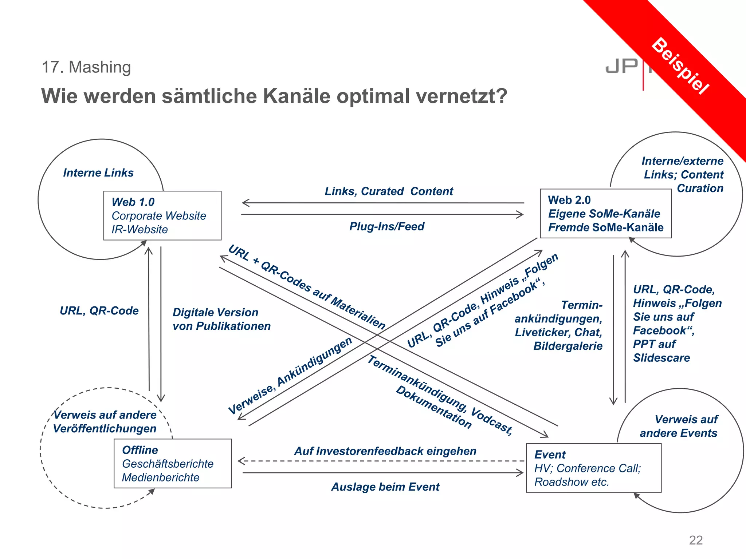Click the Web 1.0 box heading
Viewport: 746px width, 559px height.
[x=133, y=202]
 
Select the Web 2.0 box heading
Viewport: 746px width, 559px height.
[x=569, y=200]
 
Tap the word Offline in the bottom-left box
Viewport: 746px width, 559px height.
[x=140, y=450]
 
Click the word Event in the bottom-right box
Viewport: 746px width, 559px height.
[x=550, y=455]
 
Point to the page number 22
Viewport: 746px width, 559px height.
[x=695, y=540]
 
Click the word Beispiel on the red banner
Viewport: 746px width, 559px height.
[x=680, y=66]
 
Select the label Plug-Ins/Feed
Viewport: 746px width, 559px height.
[x=386, y=226]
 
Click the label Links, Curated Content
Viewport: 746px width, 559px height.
[x=389, y=191]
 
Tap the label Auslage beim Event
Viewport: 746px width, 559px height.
[x=385, y=487]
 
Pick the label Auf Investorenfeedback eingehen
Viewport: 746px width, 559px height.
[x=385, y=451]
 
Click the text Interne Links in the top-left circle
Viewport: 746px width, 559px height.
[x=98, y=173]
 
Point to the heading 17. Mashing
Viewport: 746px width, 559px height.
[x=86, y=67]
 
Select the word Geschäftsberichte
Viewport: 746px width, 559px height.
[x=168, y=464]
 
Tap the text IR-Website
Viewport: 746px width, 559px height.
[x=140, y=230]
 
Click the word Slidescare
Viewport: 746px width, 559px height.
[x=661, y=358]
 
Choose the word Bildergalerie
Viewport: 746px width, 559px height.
[x=568, y=346]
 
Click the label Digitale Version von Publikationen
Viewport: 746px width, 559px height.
[x=221, y=319]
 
